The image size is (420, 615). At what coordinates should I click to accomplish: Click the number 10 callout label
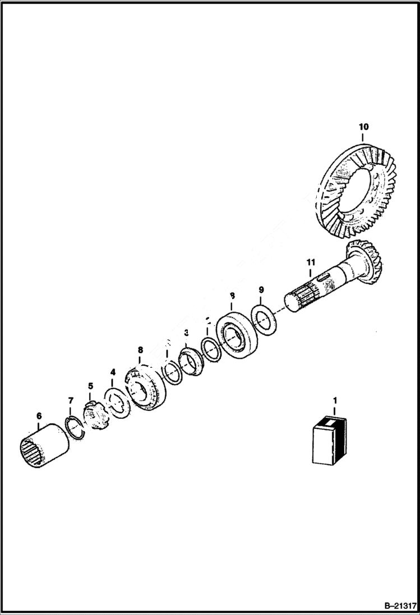(363, 127)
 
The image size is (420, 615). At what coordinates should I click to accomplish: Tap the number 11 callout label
(311, 262)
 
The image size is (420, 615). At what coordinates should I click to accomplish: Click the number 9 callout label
(261, 289)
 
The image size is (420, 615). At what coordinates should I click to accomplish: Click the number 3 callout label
(186, 334)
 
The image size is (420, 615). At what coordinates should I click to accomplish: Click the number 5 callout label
(90, 386)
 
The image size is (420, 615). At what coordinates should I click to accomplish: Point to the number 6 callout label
(39, 415)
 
